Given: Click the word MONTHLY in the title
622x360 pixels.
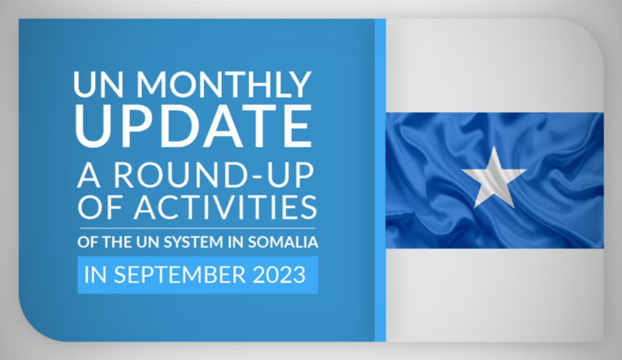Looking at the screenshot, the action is tap(224, 84).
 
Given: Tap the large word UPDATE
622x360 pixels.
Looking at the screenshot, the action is tap(193, 126).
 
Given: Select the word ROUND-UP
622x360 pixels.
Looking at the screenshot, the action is tap(214, 176).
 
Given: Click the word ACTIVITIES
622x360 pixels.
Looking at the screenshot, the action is tap(225, 207).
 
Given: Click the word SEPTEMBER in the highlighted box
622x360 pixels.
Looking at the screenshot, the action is tap(180, 275).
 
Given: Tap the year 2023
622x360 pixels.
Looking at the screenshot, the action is tap(279, 275).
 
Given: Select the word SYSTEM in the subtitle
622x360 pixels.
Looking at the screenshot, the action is tap(193, 242).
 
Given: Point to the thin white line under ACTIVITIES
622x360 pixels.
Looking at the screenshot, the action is tap(197, 228).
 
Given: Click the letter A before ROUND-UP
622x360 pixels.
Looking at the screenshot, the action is tap(89, 176).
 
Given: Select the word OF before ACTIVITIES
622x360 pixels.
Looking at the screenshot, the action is tap(100, 207).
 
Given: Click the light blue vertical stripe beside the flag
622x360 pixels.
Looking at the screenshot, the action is tap(380, 180).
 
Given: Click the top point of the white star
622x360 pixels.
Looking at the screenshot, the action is tap(493, 146).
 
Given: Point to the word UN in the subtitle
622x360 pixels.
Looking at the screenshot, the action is tap(148, 242).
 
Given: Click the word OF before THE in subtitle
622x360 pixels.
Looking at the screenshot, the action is tap(88, 242).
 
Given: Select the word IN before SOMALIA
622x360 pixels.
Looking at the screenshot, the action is tap(236, 242).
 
